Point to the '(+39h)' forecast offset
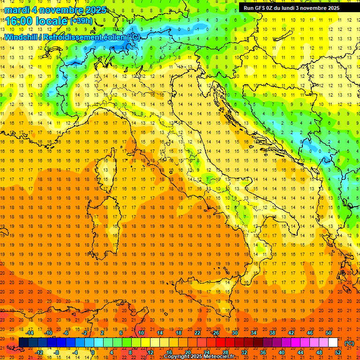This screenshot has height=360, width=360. [x=81, y=21]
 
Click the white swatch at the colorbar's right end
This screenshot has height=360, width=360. [x=333, y=343]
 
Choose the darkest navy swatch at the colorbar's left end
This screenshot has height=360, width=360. [x=23, y=343]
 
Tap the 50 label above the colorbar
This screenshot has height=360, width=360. [x=329, y=333]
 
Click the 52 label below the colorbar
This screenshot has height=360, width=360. [x=338, y=352]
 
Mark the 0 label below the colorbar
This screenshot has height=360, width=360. [x=93, y=352]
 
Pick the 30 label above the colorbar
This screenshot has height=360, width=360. [x=234, y=333]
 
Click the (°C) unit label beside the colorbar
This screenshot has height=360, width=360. [x=349, y=343]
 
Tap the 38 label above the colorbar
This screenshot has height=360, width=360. [x=272, y=333]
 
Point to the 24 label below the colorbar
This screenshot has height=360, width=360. [x=206, y=352]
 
